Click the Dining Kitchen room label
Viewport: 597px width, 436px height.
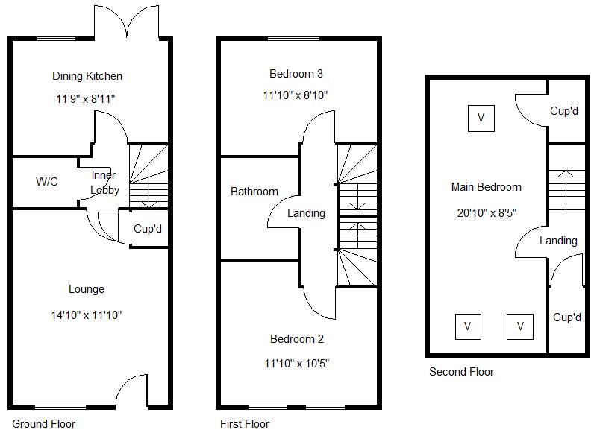[87, 76]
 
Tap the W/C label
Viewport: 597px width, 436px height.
[47, 182]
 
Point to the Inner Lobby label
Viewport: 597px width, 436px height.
[104, 183]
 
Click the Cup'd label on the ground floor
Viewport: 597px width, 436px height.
[148, 229]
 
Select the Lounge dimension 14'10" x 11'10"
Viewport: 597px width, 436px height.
[87, 315]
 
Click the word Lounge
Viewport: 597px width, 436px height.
[87, 289]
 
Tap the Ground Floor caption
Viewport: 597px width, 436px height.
[44, 424]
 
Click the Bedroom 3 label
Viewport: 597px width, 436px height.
[296, 73]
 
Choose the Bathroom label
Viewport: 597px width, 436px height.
[254, 192]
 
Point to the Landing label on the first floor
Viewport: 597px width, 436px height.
[306, 213]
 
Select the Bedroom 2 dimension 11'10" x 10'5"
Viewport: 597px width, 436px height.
[296, 363]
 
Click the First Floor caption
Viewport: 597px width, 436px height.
[245, 424]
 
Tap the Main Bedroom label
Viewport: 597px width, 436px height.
[487, 187]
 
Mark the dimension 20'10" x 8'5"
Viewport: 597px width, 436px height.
[487, 212]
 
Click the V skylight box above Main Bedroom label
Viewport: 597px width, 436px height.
[481, 118]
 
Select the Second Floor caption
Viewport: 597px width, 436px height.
[461, 372]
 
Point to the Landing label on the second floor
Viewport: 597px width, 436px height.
[558, 241]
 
